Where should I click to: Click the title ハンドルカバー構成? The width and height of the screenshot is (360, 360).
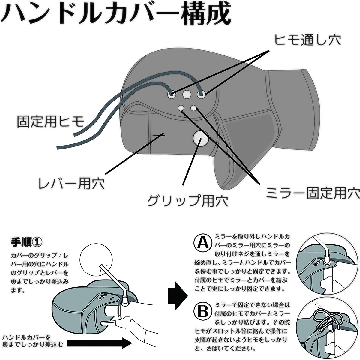click(x=116, y=13)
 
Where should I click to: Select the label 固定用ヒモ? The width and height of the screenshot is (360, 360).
click(x=51, y=121)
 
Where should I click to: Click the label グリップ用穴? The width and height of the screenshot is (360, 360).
click(x=188, y=201)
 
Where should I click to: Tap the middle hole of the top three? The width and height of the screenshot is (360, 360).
click(x=186, y=94)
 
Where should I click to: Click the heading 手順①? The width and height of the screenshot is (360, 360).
click(x=26, y=242)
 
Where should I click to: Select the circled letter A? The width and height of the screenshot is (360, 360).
click(x=203, y=243)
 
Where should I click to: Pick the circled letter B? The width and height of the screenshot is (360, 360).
click(x=203, y=311)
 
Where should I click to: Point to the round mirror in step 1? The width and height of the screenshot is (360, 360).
click(x=96, y=260)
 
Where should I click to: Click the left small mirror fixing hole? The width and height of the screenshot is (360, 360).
click(x=181, y=108)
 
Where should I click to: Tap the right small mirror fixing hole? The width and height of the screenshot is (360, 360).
click(x=193, y=108)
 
